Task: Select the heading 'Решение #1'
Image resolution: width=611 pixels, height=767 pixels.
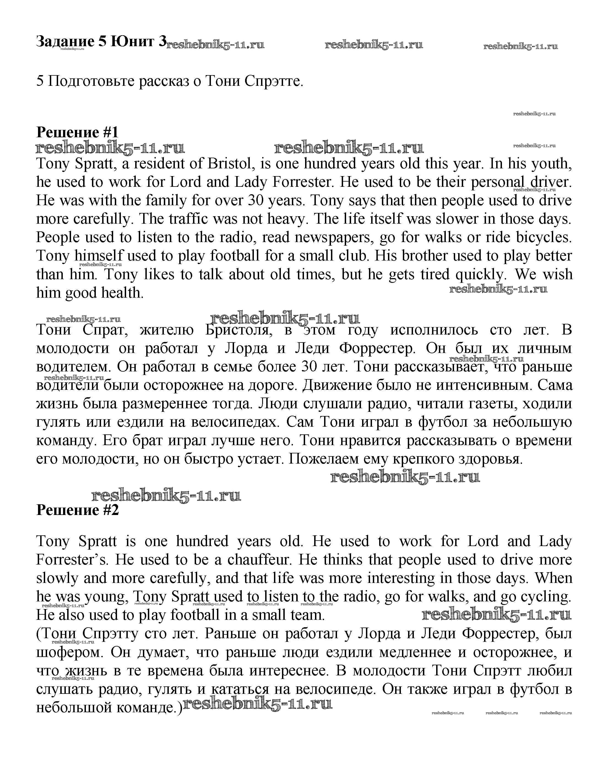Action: (77, 132)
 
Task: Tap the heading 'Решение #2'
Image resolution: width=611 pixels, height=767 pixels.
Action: (77, 510)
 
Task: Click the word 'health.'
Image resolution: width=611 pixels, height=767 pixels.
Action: (123, 293)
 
